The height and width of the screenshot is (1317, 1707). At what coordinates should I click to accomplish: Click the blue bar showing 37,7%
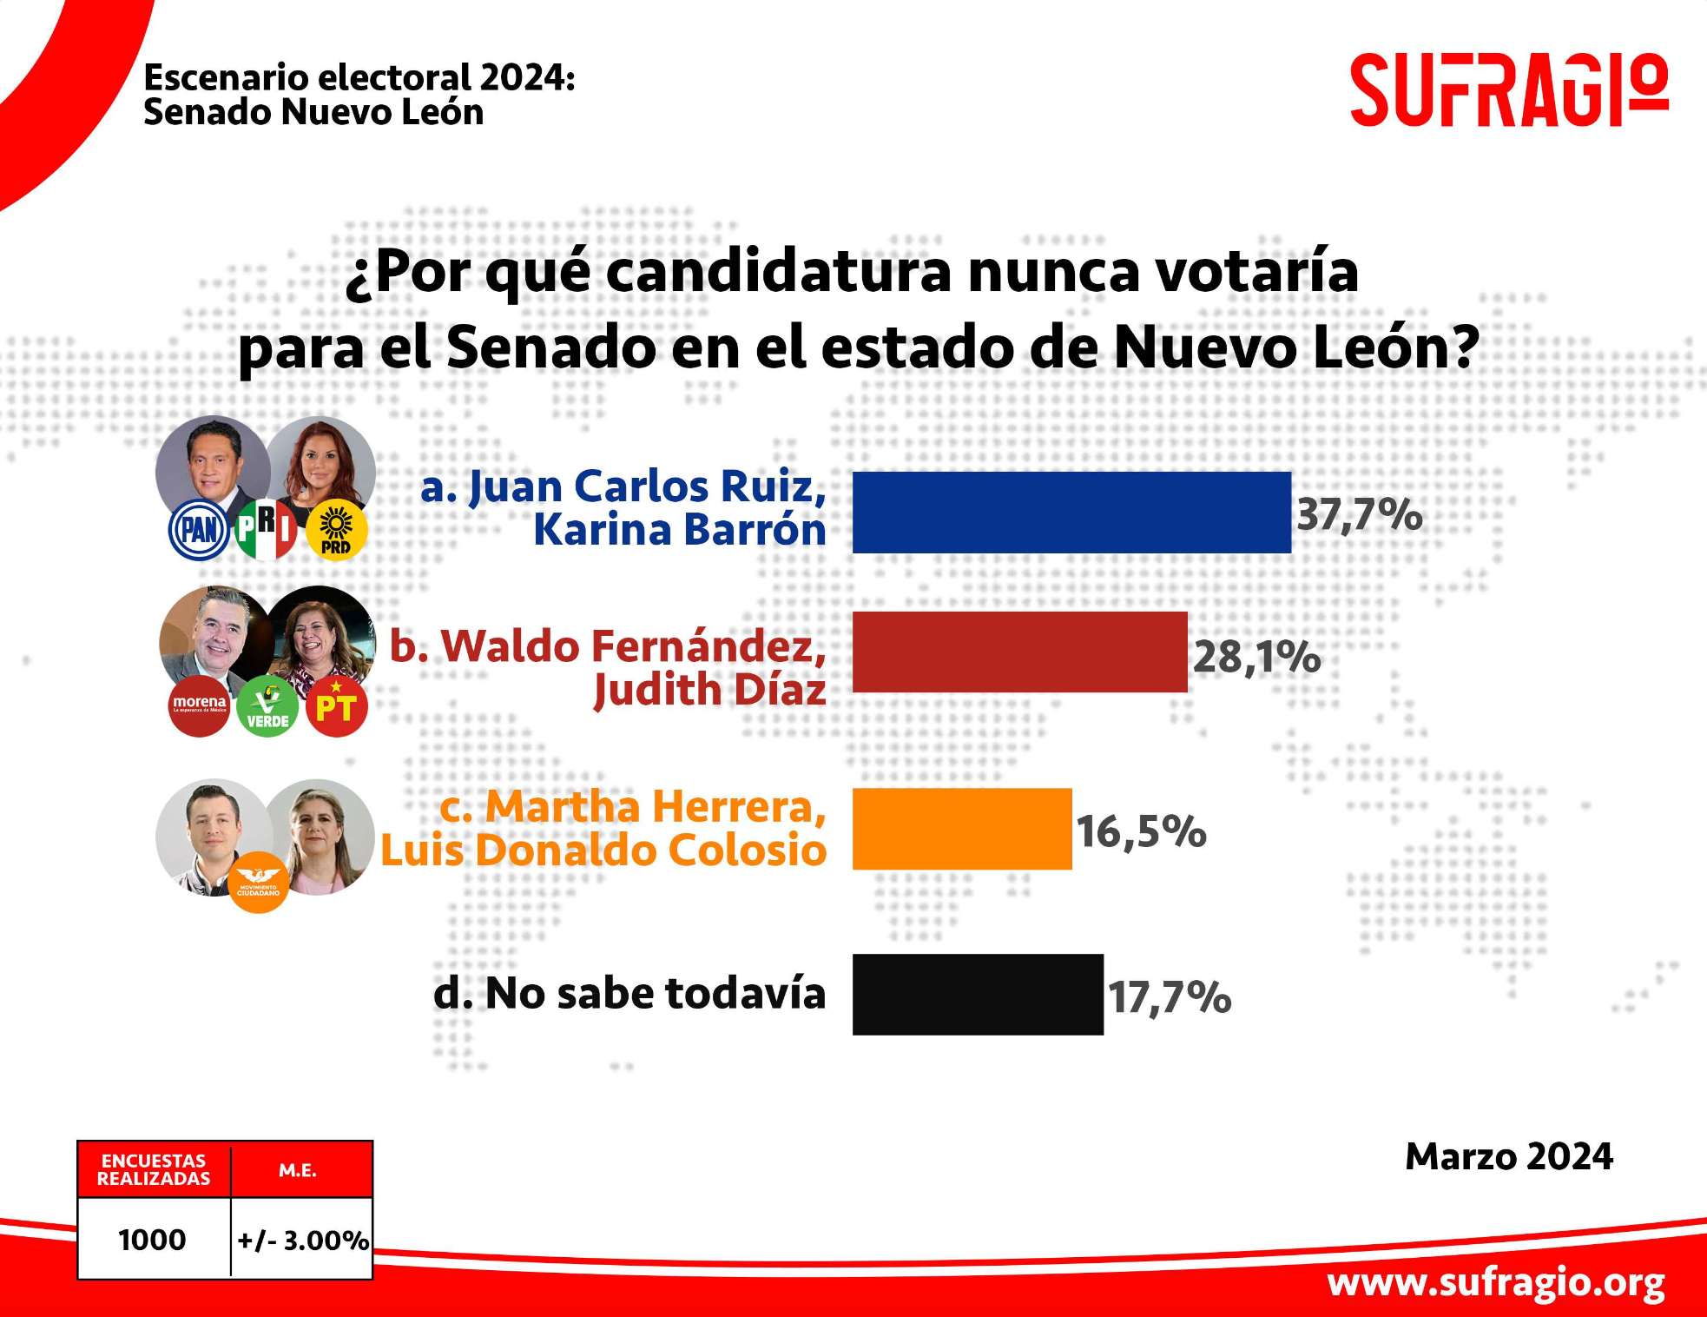tap(1071, 513)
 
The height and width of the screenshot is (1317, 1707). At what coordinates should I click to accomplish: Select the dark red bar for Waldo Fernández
tap(1019, 652)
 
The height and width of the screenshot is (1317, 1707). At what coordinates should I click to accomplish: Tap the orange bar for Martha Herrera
tap(961, 829)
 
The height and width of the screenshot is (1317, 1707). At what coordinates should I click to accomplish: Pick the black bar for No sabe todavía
tap(977, 995)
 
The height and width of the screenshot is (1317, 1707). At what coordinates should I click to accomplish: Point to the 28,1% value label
tap(1256, 657)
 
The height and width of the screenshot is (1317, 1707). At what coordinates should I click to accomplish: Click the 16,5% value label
tap(1141, 832)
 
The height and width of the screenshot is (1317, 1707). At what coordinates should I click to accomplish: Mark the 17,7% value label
tap(1169, 996)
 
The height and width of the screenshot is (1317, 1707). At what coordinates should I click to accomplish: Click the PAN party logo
tap(199, 529)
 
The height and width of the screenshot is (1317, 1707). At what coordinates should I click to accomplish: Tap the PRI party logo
tap(267, 529)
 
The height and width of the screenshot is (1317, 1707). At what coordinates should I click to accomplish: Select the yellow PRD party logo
tap(336, 530)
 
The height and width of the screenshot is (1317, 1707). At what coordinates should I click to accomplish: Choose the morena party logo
tap(199, 705)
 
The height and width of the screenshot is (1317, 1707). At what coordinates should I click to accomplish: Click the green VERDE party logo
tap(267, 706)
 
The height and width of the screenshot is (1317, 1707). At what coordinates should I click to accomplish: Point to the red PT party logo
tap(337, 706)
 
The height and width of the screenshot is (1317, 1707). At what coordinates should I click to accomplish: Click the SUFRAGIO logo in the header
tap(1508, 90)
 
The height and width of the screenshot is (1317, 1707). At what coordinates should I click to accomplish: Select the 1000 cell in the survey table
tap(153, 1239)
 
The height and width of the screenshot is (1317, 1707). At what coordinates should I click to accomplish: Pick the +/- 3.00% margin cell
tap(302, 1240)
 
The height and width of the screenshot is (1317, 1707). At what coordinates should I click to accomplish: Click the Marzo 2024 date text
tap(1508, 1156)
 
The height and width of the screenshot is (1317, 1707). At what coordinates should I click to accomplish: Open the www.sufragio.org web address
tap(1495, 1282)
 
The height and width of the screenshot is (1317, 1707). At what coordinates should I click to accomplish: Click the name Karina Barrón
tap(679, 530)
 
